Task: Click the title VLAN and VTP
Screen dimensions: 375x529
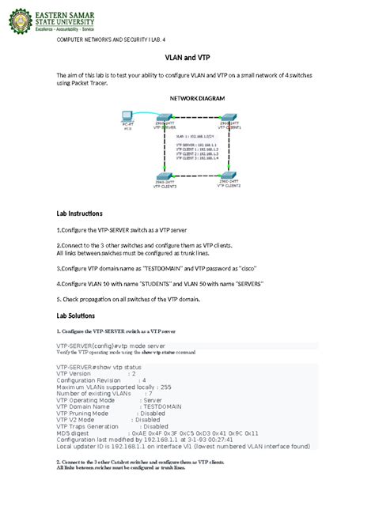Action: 187,58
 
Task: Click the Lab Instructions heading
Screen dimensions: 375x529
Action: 79,213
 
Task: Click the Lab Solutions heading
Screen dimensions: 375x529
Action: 76,315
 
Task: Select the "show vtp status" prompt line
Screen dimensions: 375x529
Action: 98,367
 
